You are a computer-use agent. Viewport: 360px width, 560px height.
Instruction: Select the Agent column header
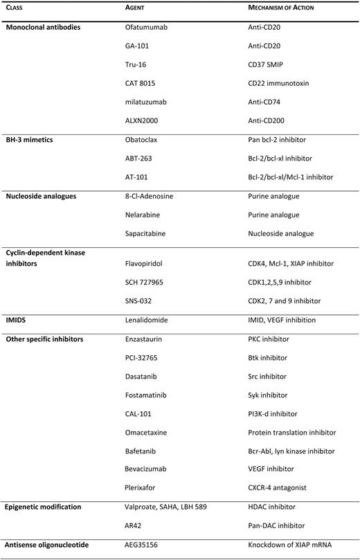(x=134, y=8)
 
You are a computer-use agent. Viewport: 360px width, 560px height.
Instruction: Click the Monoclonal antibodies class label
(x=43, y=26)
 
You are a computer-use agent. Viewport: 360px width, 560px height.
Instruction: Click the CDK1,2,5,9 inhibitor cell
(x=282, y=282)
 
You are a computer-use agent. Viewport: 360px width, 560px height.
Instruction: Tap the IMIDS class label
(x=18, y=320)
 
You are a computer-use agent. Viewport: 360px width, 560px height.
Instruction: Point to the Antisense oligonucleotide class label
(x=48, y=545)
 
